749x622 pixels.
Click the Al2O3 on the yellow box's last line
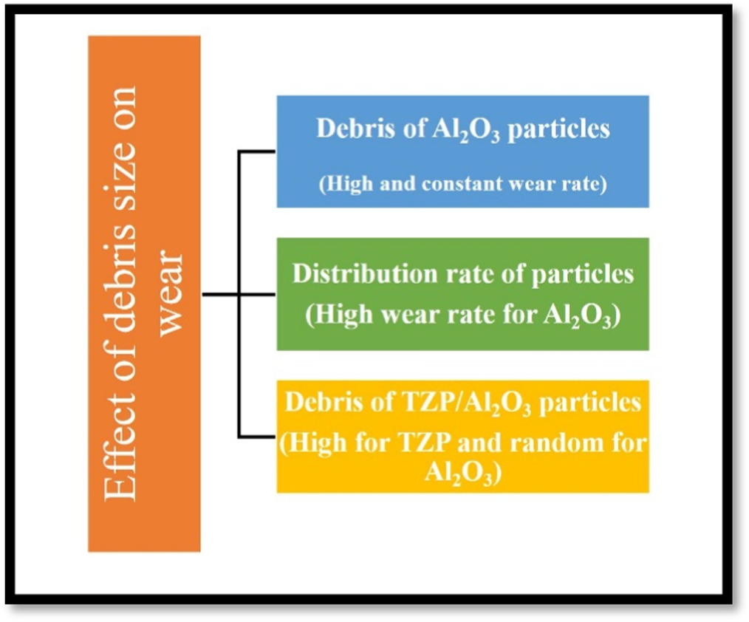pyautogui.click(x=462, y=473)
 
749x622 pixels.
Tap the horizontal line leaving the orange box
pyautogui.click(x=219, y=294)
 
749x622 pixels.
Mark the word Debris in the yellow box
pyautogui.click(x=319, y=403)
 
